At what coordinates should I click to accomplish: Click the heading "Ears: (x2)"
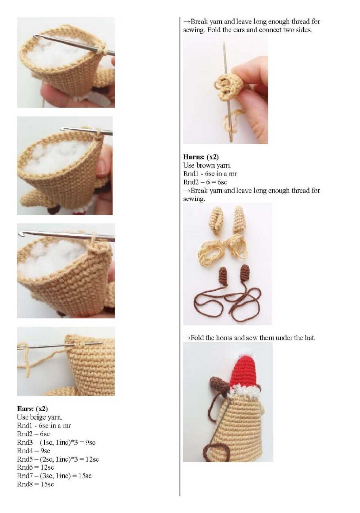(x=32, y=408)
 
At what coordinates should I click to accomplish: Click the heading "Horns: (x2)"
(x=201, y=157)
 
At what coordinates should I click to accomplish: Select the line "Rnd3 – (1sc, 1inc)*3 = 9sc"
(x=56, y=442)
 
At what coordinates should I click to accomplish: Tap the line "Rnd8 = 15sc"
(x=36, y=484)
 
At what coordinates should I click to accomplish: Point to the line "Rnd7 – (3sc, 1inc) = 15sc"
(x=54, y=476)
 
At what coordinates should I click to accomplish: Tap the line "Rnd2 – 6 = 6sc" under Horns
(x=205, y=182)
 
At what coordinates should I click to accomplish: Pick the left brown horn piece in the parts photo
(x=225, y=275)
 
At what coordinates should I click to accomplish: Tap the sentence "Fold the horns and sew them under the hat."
(x=253, y=338)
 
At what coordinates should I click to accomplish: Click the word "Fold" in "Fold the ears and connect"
(x=214, y=30)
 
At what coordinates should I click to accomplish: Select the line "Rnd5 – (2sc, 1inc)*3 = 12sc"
(x=58, y=459)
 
